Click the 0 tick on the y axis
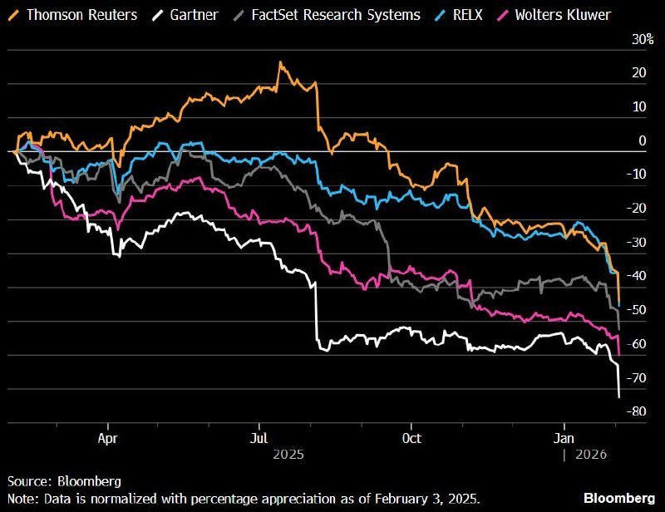point(641,141)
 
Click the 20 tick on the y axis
point(638,73)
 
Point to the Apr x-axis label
point(107,438)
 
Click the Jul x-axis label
point(259,438)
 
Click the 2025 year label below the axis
point(288,455)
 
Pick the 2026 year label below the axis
point(590,455)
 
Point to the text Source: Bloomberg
point(65,481)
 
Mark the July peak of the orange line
point(280,62)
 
